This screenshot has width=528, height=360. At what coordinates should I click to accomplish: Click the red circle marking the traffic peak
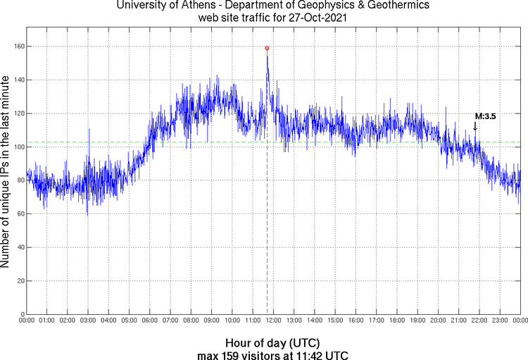267,48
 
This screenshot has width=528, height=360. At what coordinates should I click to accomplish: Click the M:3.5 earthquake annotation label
486,116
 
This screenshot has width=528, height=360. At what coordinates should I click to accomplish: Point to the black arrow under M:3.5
474,126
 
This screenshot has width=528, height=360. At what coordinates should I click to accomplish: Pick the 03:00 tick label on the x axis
88,321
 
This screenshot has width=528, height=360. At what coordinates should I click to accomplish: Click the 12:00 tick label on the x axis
273,321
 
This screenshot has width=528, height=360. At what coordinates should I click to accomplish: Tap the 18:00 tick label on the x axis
397,321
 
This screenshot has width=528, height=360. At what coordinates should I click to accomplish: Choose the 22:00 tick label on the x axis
479,321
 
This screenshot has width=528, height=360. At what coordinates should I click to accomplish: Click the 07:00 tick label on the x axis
170,321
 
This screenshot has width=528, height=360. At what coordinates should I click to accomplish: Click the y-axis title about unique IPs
6,173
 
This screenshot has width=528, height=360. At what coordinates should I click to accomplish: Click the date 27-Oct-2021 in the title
307,17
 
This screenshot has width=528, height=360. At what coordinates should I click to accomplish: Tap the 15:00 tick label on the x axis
335,321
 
